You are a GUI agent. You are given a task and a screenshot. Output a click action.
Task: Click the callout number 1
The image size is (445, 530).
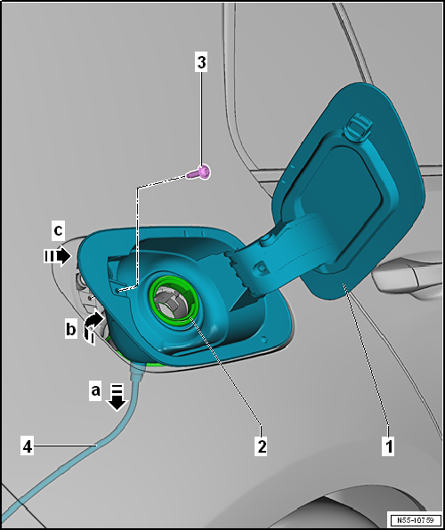pyautogui.click(x=389, y=446)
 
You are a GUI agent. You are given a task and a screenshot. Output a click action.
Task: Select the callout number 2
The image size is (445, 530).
pyautogui.click(x=262, y=446)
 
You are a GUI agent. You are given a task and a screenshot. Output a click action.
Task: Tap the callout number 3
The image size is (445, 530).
pyautogui.click(x=201, y=62)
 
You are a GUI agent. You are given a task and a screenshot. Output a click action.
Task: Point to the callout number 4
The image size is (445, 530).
pyautogui.click(x=27, y=446)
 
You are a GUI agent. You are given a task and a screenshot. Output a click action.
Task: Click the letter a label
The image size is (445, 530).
pyautogui.click(x=96, y=390)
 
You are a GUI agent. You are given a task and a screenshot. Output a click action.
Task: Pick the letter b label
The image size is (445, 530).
pyautogui.click(x=70, y=328)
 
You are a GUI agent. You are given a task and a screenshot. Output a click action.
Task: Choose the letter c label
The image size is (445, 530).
pyautogui.click(x=58, y=231)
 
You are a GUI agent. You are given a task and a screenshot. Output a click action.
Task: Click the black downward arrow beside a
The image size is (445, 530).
pyautogui.click(x=117, y=397)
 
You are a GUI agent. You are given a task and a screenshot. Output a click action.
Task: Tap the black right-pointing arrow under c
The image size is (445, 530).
pyautogui.click(x=58, y=256)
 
